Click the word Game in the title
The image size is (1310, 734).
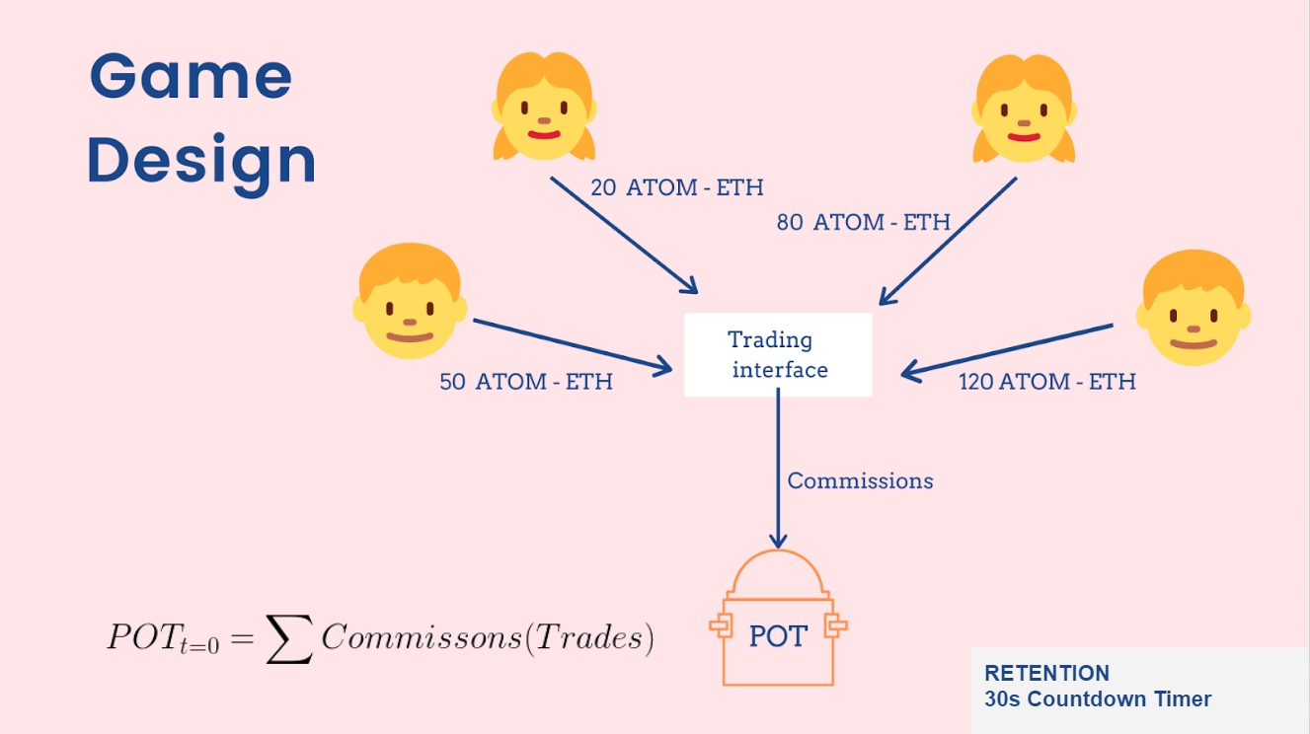coord(192,77)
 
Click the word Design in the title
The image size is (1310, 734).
coord(201,160)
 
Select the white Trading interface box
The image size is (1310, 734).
coord(778,355)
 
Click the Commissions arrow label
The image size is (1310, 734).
coord(860,481)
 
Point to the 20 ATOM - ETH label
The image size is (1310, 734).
coord(676,186)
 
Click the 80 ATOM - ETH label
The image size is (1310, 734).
coord(863,222)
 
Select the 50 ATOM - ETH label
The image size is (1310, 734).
coord(526,382)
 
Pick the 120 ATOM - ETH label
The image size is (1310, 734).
coord(1047,381)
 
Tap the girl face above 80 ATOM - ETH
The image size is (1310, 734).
coord(1024,110)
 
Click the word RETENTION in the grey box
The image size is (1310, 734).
coord(1046,674)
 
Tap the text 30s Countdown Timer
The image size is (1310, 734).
coord(1097,699)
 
